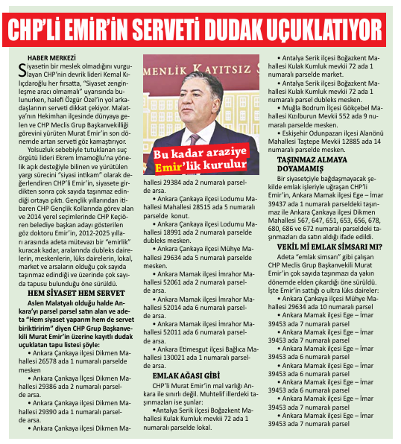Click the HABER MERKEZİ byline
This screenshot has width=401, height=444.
coord(53,57)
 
